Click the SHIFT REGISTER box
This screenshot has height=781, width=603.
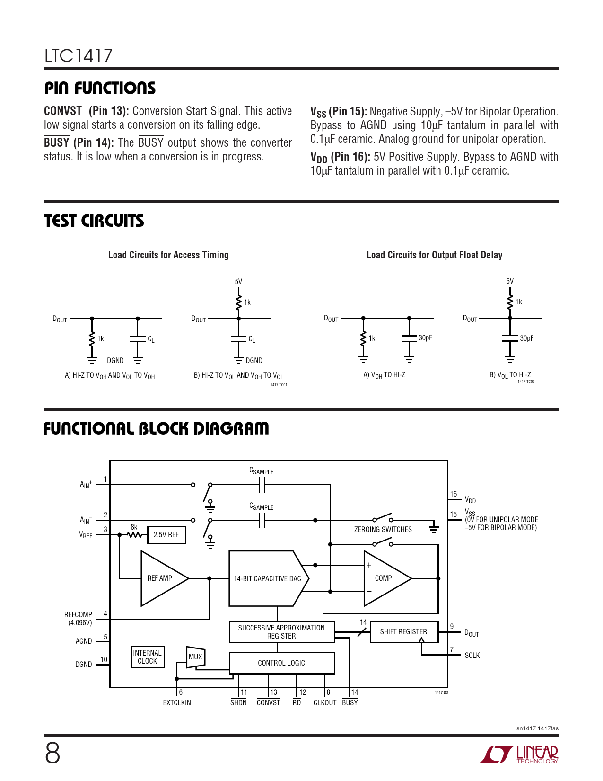[x=404, y=631]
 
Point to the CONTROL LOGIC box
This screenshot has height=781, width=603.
[x=281, y=663]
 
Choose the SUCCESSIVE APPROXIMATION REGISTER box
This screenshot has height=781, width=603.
[x=281, y=631]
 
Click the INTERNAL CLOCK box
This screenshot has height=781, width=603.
[x=148, y=657]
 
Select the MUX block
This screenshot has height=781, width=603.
[x=195, y=657]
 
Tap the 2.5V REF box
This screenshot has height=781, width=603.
[x=166, y=535]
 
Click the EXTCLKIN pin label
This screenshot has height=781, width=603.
[x=177, y=702]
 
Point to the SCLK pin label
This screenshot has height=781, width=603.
[x=472, y=655]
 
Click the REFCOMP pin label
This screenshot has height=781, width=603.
[x=78, y=614]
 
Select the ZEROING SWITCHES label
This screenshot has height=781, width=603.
[x=383, y=529]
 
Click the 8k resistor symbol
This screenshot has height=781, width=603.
[x=134, y=535]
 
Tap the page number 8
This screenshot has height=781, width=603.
[x=52, y=754]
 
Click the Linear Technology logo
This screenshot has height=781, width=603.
[x=518, y=754]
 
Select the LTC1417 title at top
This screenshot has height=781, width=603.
[x=79, y=56]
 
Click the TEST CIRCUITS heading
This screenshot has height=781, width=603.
[x=94, y=221]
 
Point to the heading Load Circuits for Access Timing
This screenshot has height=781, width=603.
[x=168, y=255]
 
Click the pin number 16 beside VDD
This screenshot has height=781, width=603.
[x=454, y=494]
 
